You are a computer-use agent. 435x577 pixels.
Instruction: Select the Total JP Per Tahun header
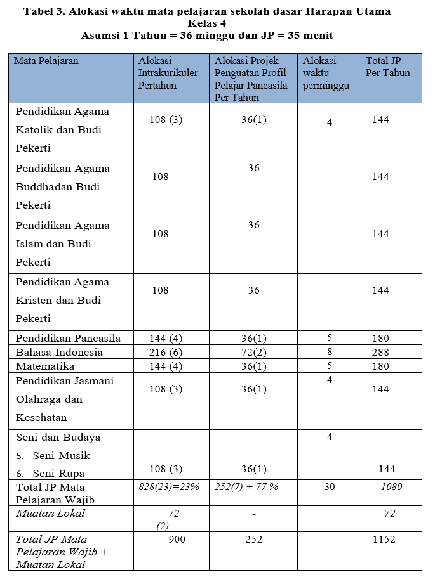click(x=388, y=67)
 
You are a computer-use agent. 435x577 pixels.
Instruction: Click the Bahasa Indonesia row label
click(x=59, y=352)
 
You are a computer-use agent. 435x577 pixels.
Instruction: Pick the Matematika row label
click(x=45, y=366)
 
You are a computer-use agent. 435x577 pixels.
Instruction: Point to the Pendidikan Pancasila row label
click(x=68, y=338)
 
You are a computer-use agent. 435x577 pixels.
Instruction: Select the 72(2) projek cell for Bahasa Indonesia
click(x=254, y=352)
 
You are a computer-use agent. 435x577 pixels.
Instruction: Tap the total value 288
click(x=380, y=352)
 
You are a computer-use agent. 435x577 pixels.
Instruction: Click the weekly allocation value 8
click(x=330, y=352)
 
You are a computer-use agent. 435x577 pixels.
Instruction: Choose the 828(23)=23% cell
click(x=170, y=487)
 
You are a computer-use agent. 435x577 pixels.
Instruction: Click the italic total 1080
click(x=391, y=487)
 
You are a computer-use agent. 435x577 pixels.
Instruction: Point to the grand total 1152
click(x=383, y=540)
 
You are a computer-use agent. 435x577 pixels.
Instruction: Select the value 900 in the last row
click(x=177, y=540)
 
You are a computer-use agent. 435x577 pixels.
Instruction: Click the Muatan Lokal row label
click(x=50, y=514)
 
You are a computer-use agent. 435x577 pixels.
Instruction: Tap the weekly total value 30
click(x=330, y=487)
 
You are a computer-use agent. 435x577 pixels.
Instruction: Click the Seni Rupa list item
click(x=58, y=473)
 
